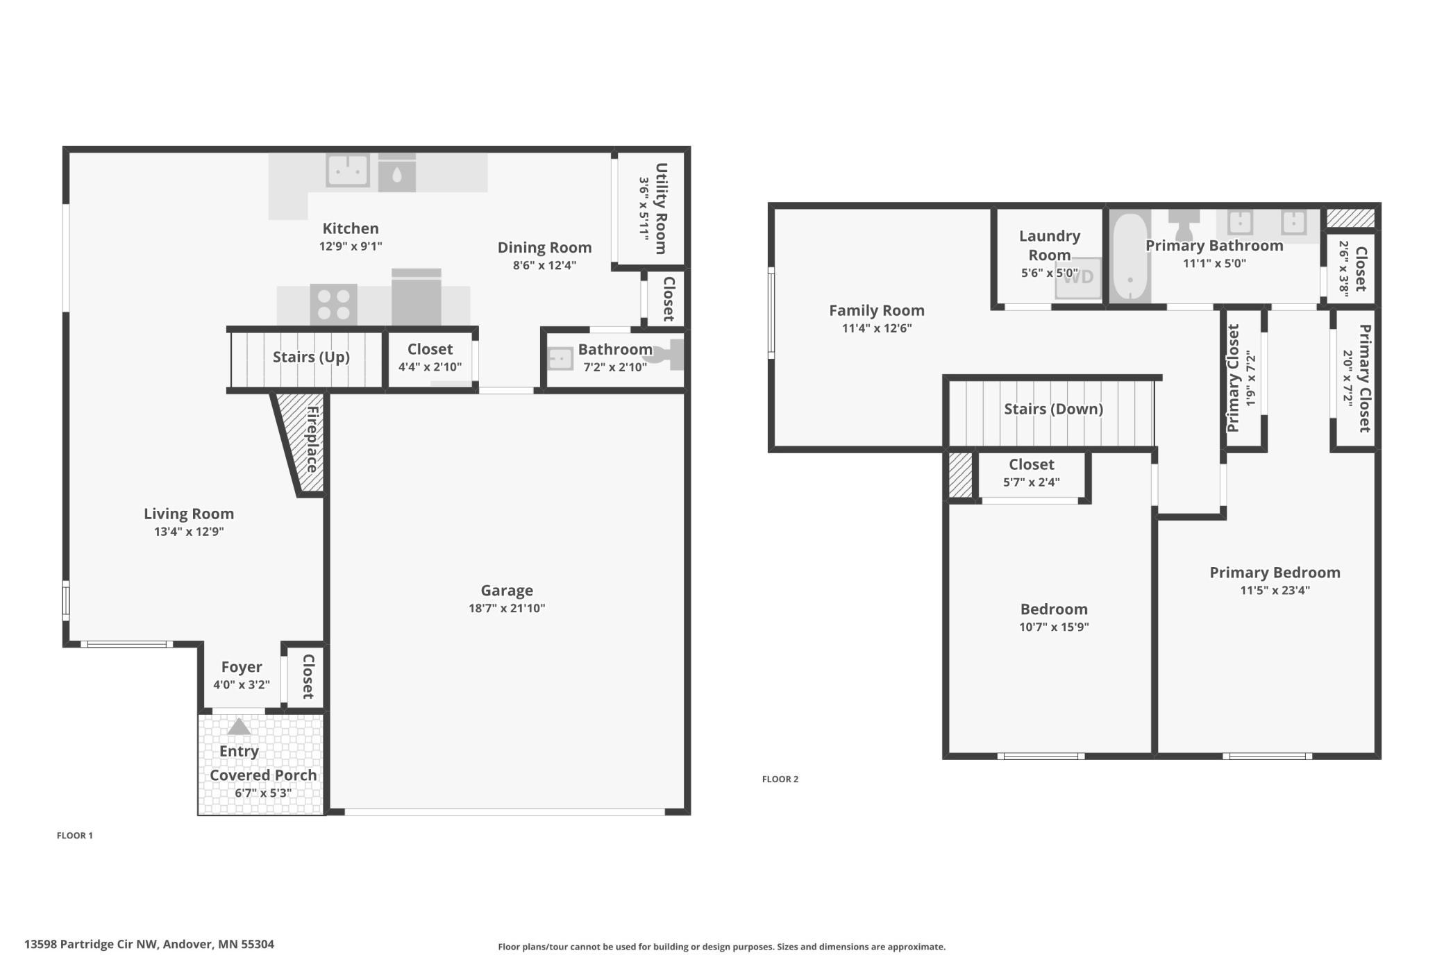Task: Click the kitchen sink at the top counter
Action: [x=347, y=170]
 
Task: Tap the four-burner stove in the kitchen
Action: [x=333, y=305]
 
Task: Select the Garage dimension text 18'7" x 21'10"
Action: [x=507, y=608]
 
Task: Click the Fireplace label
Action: [x=312, y=439]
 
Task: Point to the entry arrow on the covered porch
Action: [x=239, y=726]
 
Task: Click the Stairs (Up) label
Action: [x=311, y=357]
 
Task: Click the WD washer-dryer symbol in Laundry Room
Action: [x=1078, y=277]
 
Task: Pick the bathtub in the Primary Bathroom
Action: [x=1130, y=258]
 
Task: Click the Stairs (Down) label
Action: [x=1053, y=409]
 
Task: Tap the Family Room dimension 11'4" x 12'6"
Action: [x=877, y=328]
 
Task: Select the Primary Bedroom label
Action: [x=1275, y=573]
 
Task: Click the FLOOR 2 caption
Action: [x=780, y=779]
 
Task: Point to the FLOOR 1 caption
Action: [x=74, y=835]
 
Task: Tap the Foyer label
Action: [x=242, y=667]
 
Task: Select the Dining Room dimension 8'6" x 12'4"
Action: [x=544, y=265]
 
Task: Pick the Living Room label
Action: [x=189, y=514]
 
